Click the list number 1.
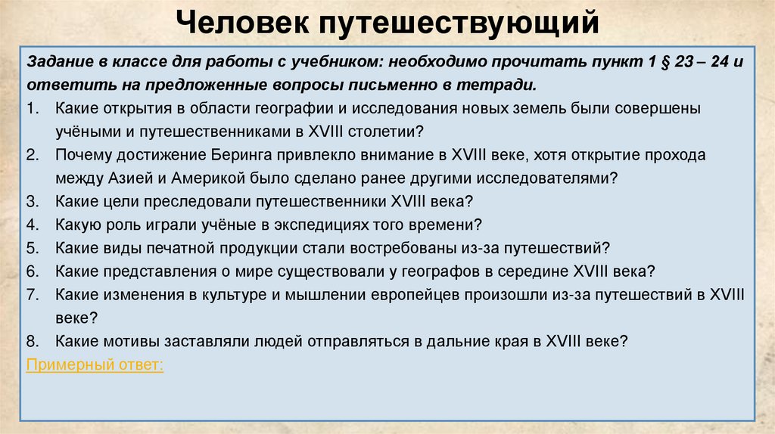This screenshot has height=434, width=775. pos(32,108)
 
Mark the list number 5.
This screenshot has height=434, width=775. pos(32,247)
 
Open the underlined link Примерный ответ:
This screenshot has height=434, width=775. pos(94,364)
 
